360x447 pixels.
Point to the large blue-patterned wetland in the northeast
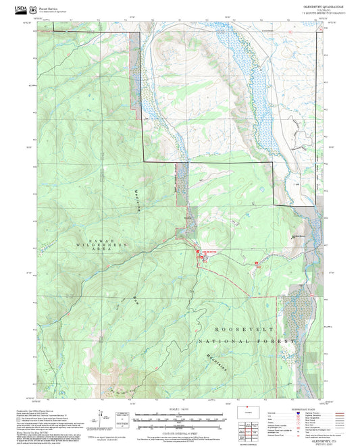(260, 88)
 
